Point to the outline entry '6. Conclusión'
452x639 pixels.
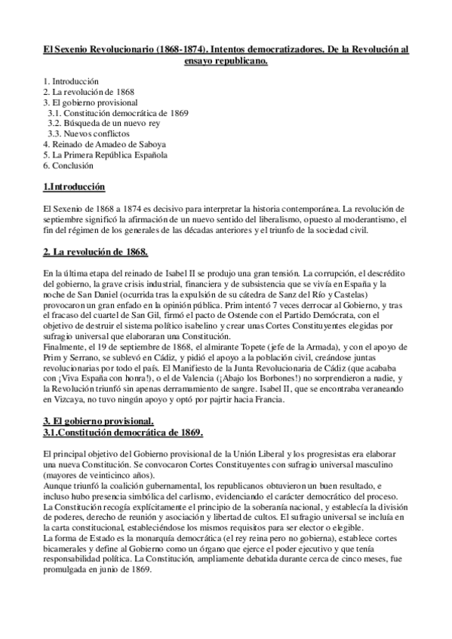69,165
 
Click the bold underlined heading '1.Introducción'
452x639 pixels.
74,186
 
